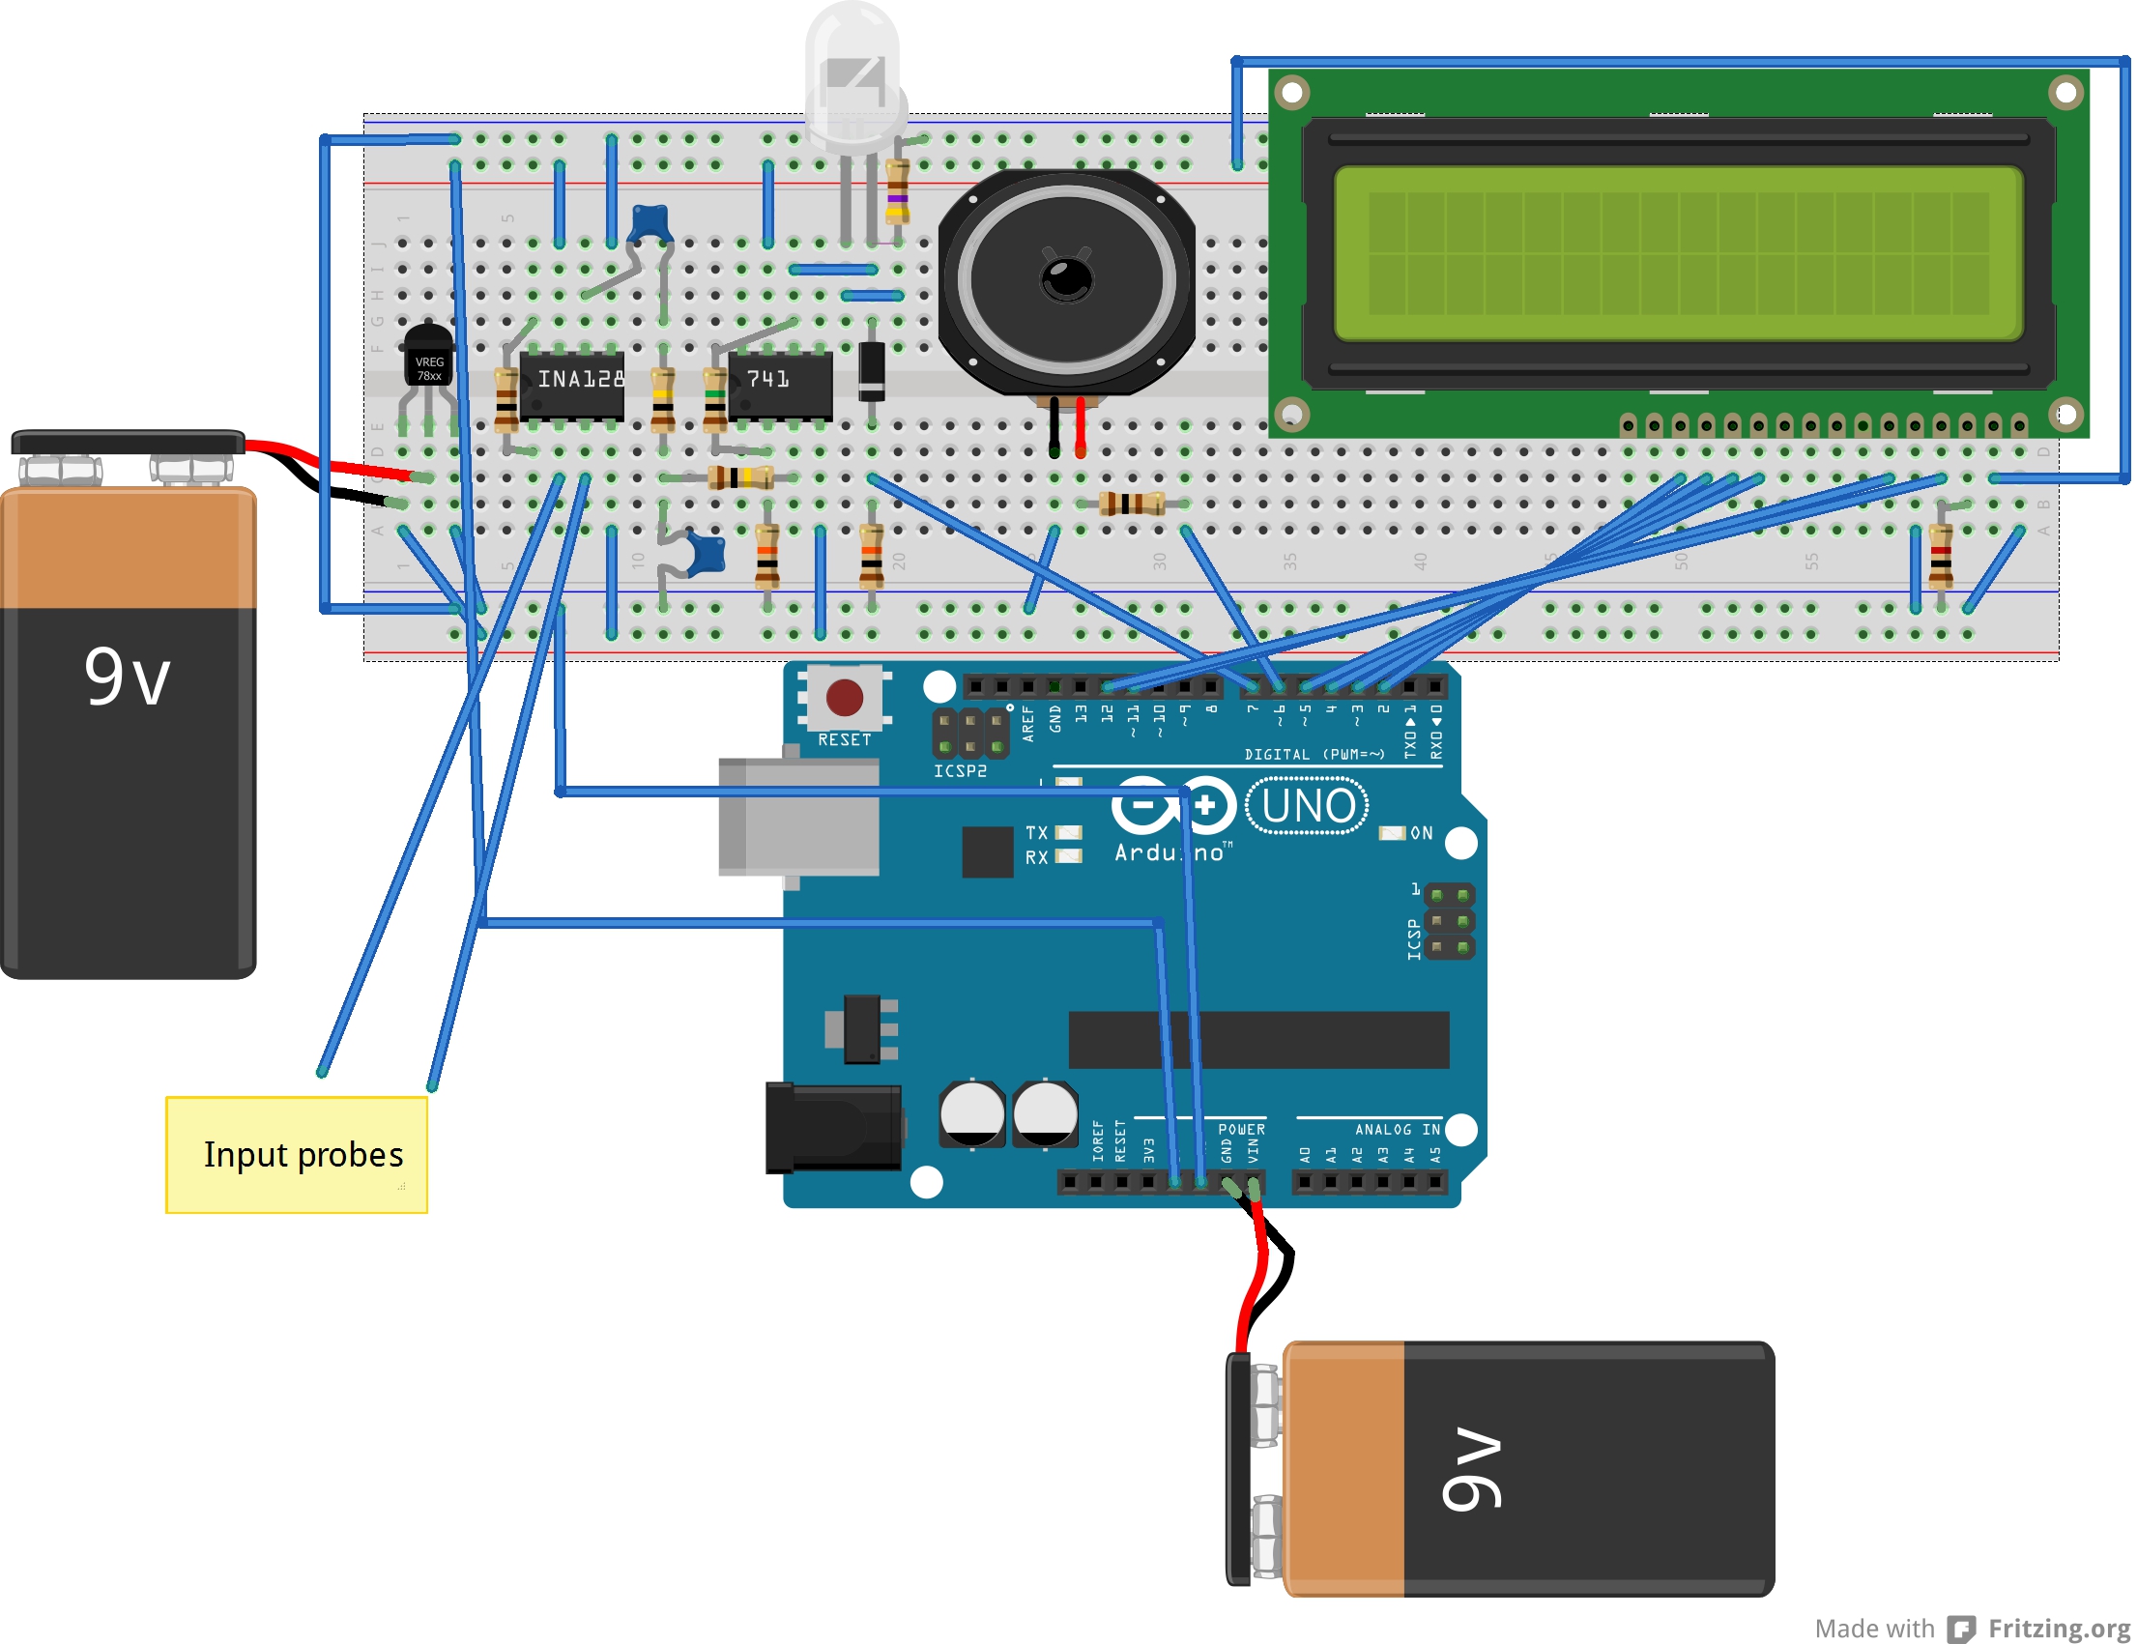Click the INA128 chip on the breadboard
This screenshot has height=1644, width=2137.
(x=572, y=387)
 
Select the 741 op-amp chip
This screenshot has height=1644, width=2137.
(x=779, y=387)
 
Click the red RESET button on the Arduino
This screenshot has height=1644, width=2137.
(x=845, y=698)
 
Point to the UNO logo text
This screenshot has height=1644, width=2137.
(x=1308, y=806)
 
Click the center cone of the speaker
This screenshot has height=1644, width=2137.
(x=1066, y=279)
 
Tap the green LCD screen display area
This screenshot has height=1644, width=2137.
(x=1678, y=254)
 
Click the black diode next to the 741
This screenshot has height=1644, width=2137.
(x=872, y=372)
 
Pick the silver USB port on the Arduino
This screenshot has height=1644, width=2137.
(x=798, y=817)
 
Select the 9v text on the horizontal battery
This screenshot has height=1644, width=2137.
(x=1472, y=1468)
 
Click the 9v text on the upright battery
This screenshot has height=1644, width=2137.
(x=128, y=678)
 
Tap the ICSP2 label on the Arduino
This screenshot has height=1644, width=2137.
(x=960, y=771)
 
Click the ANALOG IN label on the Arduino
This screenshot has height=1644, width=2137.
(x=1397, y=1129)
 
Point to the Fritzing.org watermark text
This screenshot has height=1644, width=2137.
(x=2059, y=1629)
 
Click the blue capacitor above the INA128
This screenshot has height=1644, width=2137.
(x=650, y=223)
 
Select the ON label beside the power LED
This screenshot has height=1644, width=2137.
(x=1421, y=833)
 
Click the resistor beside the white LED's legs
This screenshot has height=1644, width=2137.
(x=897, y=190)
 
